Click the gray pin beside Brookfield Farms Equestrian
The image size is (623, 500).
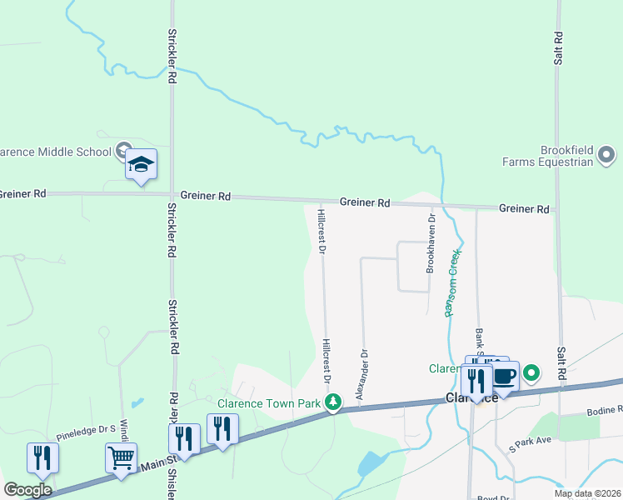coord(606,154)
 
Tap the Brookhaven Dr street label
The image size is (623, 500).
coord(431,245)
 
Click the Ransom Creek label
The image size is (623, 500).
coord(452,282)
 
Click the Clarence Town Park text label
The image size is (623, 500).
coord(269,403)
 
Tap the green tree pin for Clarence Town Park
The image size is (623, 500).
coord(333,402)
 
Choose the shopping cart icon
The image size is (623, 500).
coord(122,457)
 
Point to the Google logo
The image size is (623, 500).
coord(27,489)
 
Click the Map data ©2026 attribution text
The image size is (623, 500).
coord(587,493)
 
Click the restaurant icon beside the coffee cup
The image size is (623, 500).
coord(476,382)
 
